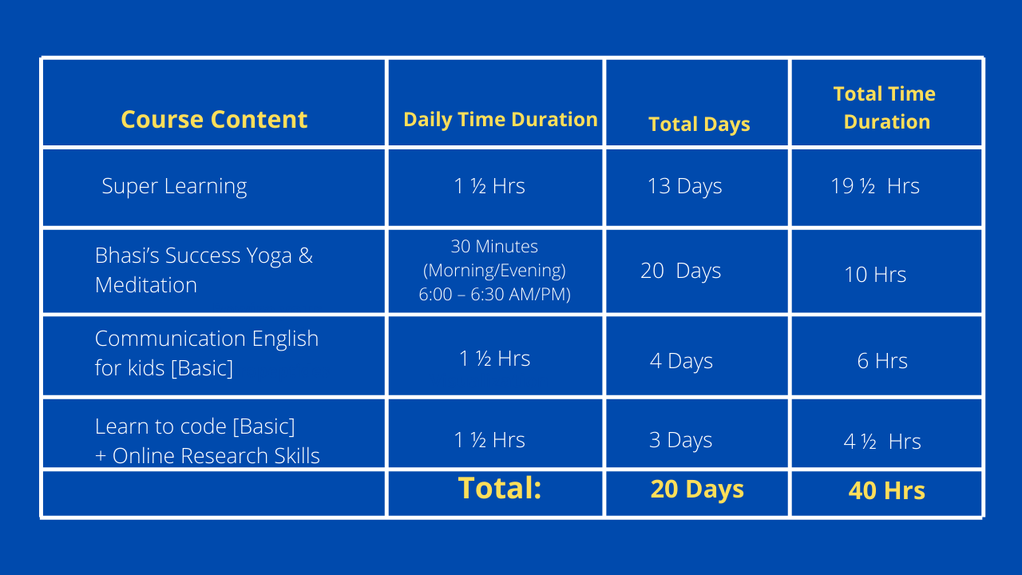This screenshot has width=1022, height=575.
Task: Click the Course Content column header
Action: pos(214,120)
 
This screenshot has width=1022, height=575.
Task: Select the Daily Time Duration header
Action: pos(501,120)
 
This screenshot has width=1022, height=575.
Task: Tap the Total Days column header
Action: pos(699,125)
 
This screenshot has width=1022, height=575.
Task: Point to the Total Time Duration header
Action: pos(885,108)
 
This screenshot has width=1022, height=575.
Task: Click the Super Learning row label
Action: pos(174,187)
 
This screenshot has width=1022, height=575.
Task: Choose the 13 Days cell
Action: pos(685,187)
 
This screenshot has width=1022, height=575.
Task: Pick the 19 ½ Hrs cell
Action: pos(875,186)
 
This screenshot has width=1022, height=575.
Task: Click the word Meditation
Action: pos(146,285)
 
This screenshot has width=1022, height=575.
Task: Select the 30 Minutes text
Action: pos(494,247)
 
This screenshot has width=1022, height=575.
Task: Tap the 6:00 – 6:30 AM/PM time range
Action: pos(494,295)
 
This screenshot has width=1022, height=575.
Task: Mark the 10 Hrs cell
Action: pos(875,275)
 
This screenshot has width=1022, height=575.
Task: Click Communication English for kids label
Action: pos(207,353)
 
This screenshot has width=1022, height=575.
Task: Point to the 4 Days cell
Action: pos(681,361)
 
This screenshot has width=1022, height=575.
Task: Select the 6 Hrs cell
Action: pos(882,361)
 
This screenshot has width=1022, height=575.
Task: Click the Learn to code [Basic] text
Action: pos(195,427)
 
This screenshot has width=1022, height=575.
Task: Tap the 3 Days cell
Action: pos(680,440)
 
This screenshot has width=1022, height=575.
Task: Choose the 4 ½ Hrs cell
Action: pos(882,442)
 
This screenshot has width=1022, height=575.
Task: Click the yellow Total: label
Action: pos(500,488)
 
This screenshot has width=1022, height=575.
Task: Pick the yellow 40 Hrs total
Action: pos(886,491)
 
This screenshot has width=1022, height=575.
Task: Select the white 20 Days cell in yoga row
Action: pos(681,271)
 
